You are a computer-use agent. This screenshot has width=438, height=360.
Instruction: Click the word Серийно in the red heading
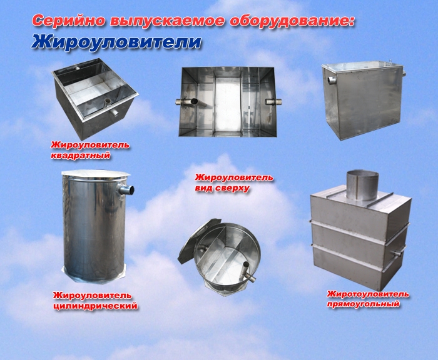[x=69, y=21]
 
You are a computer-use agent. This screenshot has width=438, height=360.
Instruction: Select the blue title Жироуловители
[x=116, y=42]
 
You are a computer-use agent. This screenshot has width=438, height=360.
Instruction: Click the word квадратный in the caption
[x=81, y=155]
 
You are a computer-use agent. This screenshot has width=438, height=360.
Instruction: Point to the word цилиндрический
[x=96, y=306]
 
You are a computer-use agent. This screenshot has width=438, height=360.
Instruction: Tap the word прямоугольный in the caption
[x=364, y=304]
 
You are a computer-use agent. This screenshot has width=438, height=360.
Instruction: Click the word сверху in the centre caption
[x=233, y=188]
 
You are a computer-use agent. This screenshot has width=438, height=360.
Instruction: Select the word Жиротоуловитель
[x=368, y=294]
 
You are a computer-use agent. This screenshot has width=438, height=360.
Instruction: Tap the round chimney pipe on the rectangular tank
[x=362, y=186]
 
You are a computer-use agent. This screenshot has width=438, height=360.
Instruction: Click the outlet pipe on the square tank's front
[x=115, y=112]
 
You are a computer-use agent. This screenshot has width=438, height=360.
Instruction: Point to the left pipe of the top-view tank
[x=186, y=102]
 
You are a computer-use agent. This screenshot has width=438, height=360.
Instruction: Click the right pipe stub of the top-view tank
[x=273, y=102]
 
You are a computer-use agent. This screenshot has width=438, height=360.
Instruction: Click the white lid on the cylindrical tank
[x=95, y=176]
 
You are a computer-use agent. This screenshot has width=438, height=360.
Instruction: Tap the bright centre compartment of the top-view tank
[x=228, y=102]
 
